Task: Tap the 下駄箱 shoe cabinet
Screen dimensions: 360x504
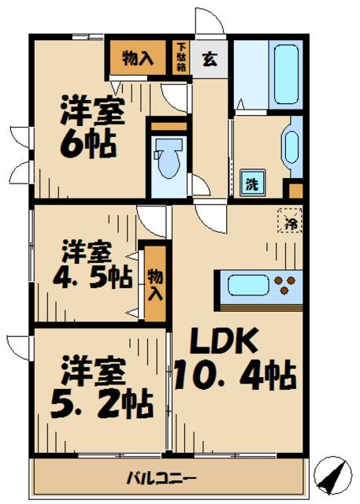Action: point(181,57)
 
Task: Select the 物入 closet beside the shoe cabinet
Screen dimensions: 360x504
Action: point(138,57)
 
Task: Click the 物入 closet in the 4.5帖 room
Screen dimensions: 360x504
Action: point(155,283)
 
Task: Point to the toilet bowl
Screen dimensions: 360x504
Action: point(168,157)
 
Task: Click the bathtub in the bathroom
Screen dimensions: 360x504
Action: point(286,75)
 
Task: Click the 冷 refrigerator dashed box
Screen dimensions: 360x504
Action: point(290,220)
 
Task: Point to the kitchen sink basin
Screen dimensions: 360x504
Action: point(248,285)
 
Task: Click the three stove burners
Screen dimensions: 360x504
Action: point(285,285)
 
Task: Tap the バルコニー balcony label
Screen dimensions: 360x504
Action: point(161,478)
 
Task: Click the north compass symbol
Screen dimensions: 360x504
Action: point(332,475)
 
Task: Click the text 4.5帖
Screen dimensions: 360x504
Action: point(93,276)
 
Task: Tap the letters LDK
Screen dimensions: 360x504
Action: point(224,340)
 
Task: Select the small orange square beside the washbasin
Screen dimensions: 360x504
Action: point(295,191)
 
